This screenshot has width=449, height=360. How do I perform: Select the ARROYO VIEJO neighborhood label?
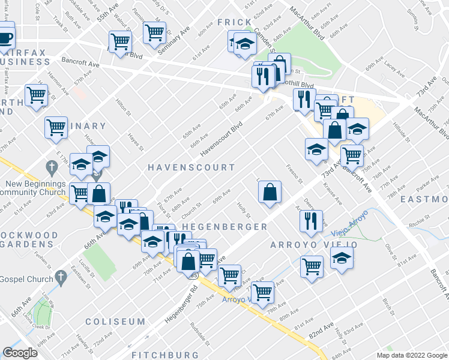(x=313, y=245)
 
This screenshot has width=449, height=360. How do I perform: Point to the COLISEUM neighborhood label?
(x=115, y=322)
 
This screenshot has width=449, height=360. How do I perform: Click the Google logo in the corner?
(x=20, y=353)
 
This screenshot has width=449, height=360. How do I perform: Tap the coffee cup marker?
(x=5, y=38)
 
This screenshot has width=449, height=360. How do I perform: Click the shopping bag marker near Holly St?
(x=270, y=192)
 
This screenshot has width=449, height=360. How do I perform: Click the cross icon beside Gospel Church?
(x=59, y=277)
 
